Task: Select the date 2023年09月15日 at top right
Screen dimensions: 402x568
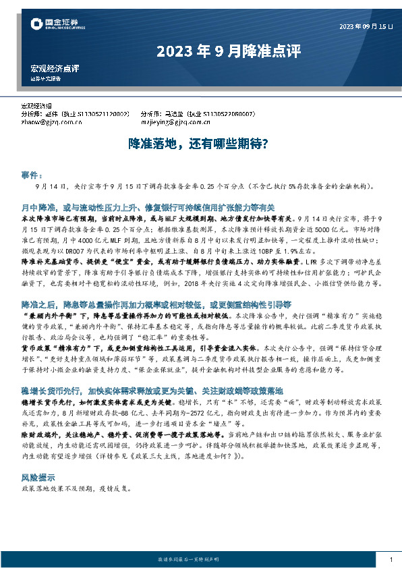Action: coord(365,26)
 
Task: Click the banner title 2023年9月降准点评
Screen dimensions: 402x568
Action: coord(229,51)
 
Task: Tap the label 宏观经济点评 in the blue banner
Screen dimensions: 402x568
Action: coord(55,69)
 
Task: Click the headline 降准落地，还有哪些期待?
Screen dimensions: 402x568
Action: coord(200,144)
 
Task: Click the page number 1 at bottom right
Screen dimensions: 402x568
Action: coord(391,560)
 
